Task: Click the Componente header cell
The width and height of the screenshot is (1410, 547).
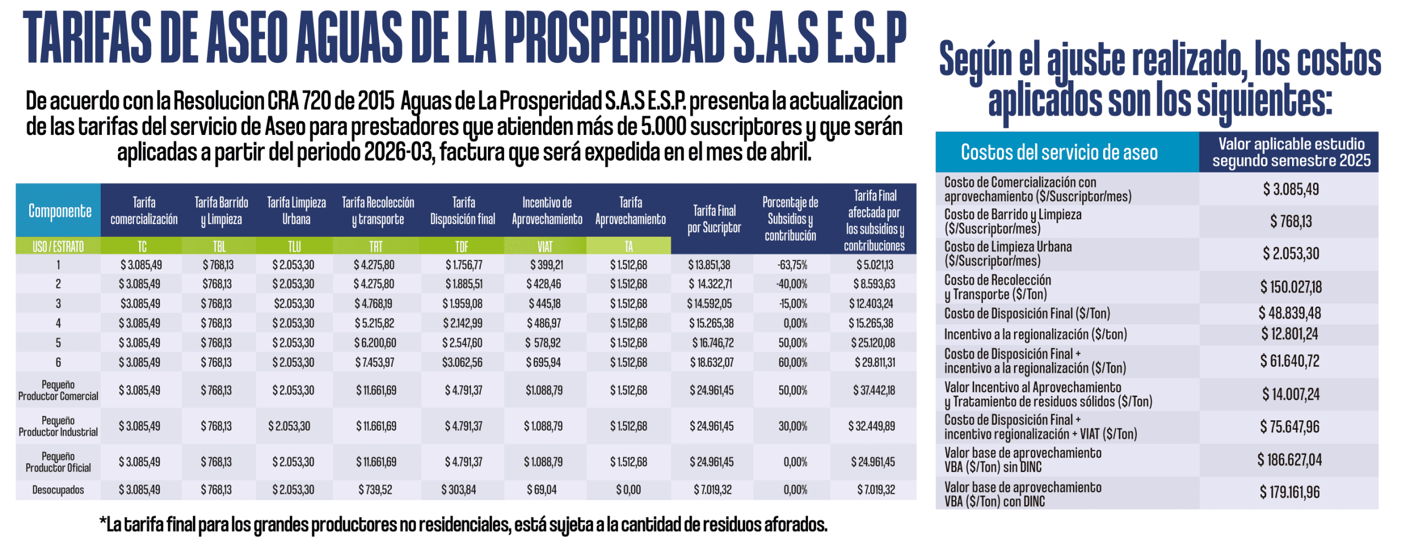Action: tap(59, 211)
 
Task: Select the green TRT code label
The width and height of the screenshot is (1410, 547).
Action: tap(376, 246)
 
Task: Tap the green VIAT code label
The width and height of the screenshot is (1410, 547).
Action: tap(545, 246)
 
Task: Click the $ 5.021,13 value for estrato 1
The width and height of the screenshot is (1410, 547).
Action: tap(875, 265)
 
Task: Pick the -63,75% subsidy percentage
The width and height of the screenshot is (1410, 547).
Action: tap(792, 265)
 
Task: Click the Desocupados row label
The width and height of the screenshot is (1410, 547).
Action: tap(58, 490)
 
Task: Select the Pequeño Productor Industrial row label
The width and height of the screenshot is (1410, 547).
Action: tap(58, 426)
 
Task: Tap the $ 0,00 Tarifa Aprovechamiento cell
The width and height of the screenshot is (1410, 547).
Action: tap(628, 490)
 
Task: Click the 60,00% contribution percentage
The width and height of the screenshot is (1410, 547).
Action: tap(793, 362)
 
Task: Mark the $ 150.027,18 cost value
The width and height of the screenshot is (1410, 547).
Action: tap(1290, 287)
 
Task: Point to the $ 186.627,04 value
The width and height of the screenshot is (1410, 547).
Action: tap(1289, 460)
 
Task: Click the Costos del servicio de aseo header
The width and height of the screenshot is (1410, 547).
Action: tap(1059, 153)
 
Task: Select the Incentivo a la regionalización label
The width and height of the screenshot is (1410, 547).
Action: tap(1035, 334)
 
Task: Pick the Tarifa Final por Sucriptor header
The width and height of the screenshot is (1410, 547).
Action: tap(714, 219)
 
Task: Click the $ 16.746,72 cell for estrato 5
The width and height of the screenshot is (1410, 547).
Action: tap(713, 343)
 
